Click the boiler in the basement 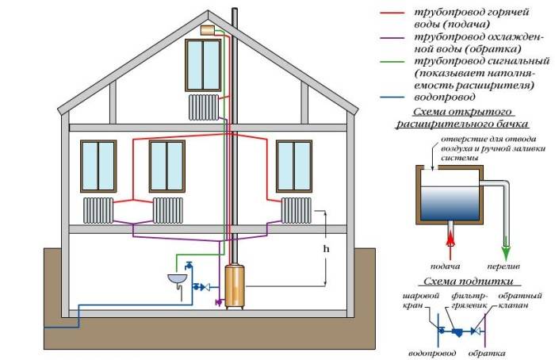(235, 286)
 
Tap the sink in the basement (177, 279)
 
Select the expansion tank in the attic (208, 30)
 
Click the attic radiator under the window (204, 107)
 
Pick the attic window (203, 65)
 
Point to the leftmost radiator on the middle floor (98, 210)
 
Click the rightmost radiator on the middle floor (297, 210)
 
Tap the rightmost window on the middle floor (294, 166)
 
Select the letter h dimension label (326, 249)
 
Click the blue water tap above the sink (189, 266)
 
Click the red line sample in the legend (392, 13)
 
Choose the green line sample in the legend (392, 62)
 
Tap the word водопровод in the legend (445, 97)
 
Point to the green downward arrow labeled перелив (506, 252)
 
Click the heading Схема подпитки (469, 281)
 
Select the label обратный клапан (520, 301)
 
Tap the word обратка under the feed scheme (487, 354)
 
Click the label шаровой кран (421, 301)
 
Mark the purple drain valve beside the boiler (219, 302)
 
